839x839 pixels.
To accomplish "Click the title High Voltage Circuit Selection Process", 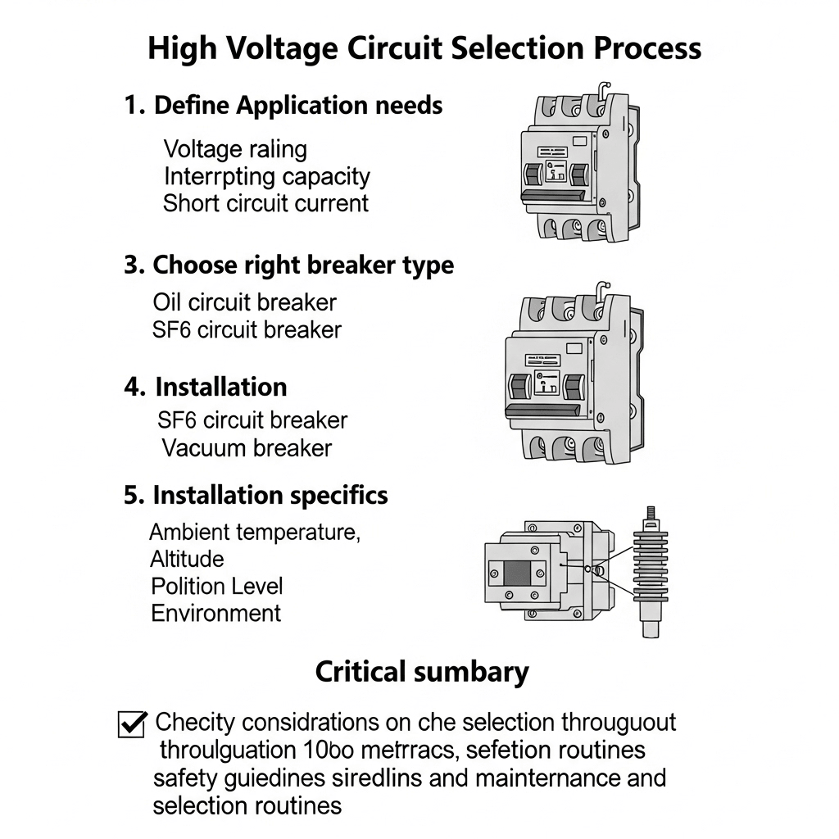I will [424, 48].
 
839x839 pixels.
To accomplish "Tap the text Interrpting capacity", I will [267, 176].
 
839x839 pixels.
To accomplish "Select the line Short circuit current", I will [265, 203].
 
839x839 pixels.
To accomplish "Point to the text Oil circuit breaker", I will [244, 302].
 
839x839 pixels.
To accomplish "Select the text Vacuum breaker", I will [246, 448].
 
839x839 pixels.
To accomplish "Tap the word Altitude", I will [187, 559].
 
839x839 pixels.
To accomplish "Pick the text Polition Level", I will [217, 587].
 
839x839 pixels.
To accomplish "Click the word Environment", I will [216, 613].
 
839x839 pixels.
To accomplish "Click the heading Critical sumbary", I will [422, 673].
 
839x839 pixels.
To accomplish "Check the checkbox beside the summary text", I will [132, 724].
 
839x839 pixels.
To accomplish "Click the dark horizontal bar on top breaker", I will [552, 196].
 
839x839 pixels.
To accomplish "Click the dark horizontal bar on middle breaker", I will [546, 410].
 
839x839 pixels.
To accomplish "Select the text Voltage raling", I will [235, 150].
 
